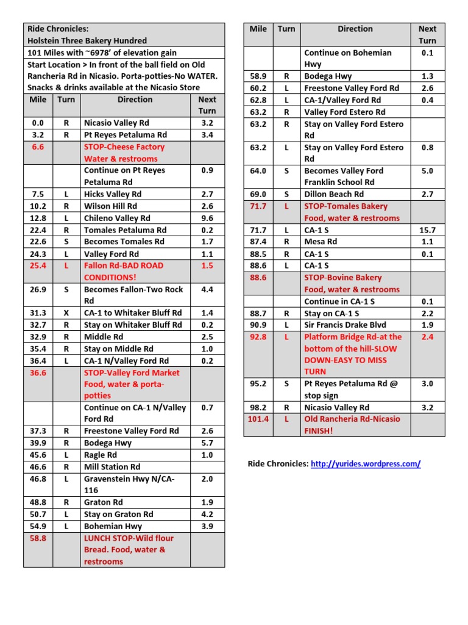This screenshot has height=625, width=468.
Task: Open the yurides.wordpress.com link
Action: tap(366, 464)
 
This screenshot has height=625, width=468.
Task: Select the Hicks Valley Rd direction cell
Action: tap(113, 194)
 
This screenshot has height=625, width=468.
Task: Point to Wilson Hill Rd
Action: tap(110, 206)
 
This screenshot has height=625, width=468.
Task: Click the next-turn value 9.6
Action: tap(207, 218)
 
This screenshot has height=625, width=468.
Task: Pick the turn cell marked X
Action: tap(66, 313)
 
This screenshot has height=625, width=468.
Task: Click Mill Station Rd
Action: tap(110, 467)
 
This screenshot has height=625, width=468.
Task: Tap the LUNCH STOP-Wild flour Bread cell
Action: tap(129, 549)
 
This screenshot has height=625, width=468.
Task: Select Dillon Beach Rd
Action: tap(334, 194)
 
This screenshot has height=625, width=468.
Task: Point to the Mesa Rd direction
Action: tap(321, 242)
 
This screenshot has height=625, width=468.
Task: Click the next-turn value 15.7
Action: tap(427, 230)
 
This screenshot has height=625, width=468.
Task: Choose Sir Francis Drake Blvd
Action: tap(345, 325)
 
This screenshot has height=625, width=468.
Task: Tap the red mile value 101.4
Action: tap(258, 419)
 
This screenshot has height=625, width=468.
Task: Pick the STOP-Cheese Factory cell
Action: tap(124, 153)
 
